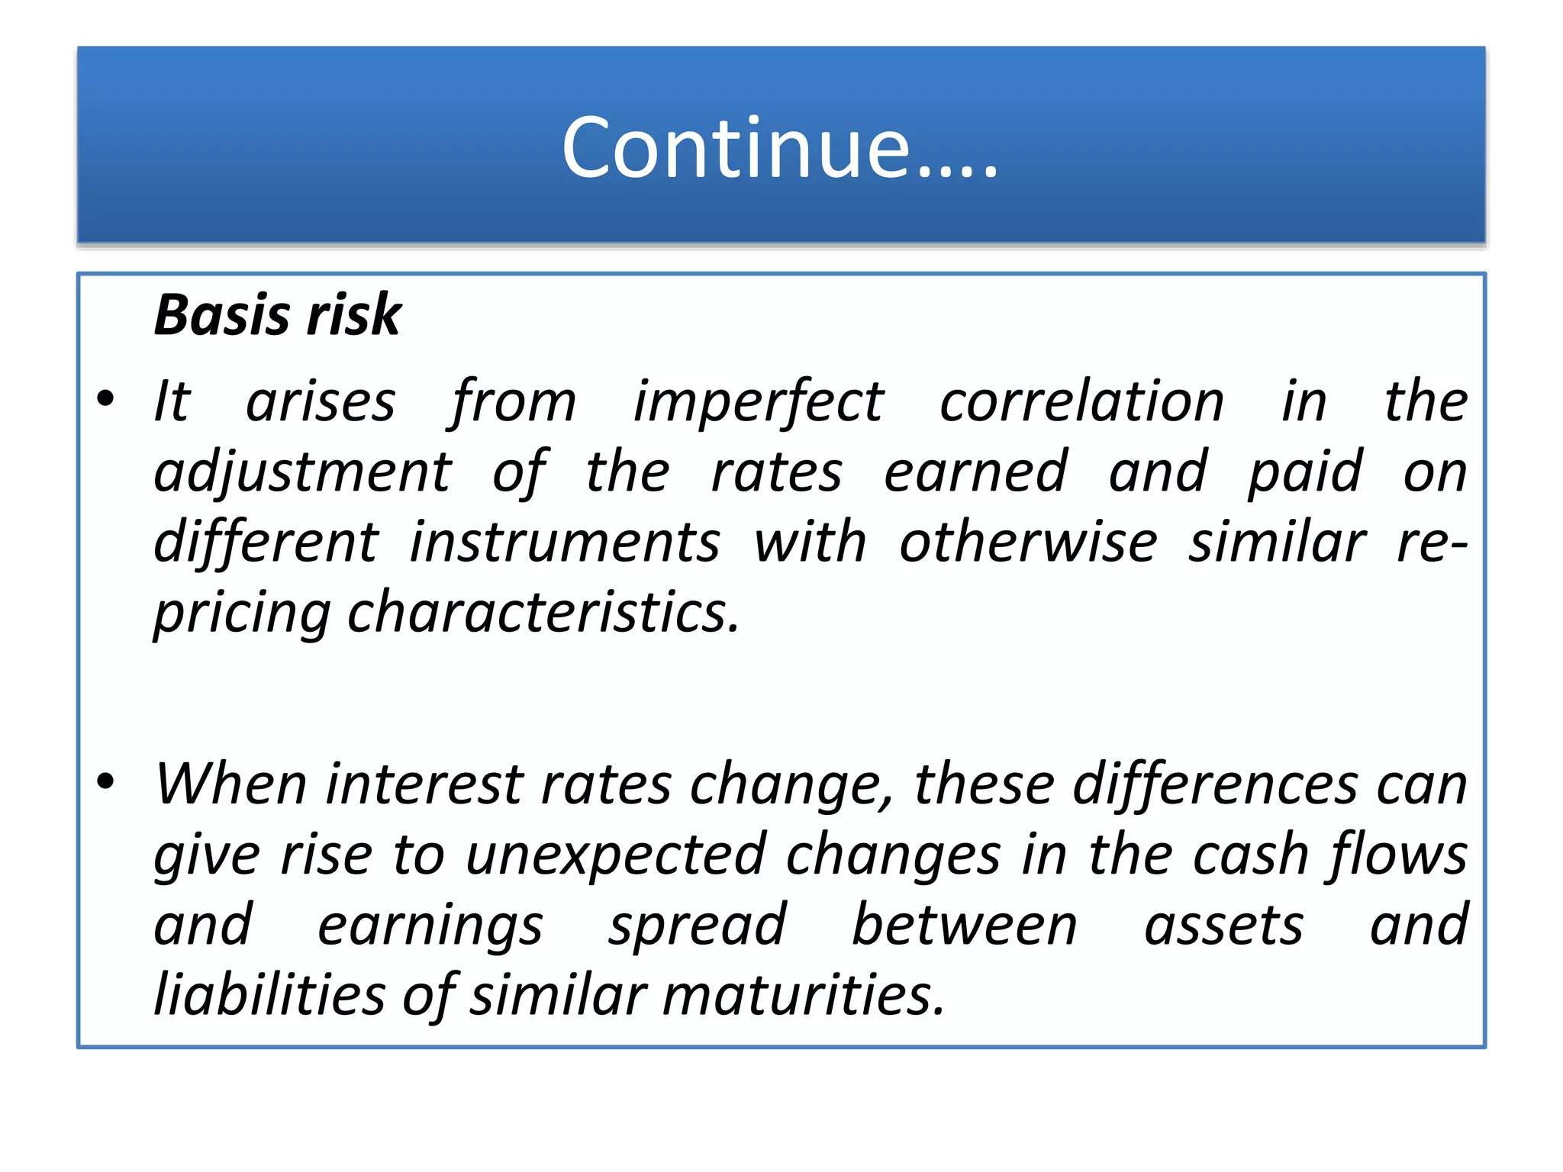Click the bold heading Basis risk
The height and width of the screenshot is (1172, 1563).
click(x=277, y=315)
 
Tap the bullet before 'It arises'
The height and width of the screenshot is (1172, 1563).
click(x=106, y=398)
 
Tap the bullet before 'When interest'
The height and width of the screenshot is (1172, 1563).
click(x=106, y=781)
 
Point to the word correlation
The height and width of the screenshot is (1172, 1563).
click(x=1081, y=401)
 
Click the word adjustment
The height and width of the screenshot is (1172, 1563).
click(x=303, y=473)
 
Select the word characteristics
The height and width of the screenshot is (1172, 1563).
click(x=543, y=613)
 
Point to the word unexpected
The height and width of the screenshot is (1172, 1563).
click(x=616, y=856)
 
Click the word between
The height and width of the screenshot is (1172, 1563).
click(x=964, y=925)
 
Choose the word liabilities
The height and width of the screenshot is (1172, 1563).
click(x=269, y=995)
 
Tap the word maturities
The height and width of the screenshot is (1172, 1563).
click(x=803, y=996)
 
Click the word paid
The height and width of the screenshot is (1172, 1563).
click(x=1304, y=473)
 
